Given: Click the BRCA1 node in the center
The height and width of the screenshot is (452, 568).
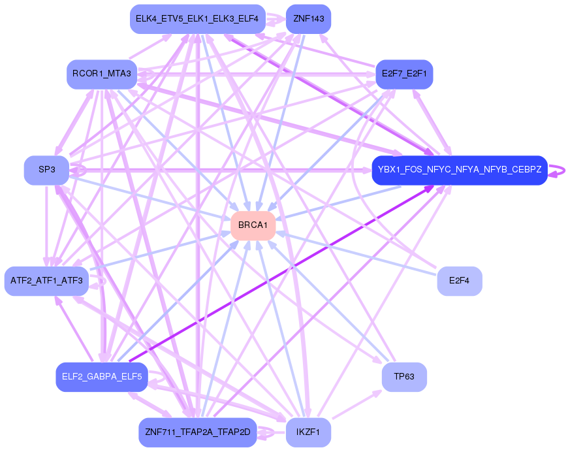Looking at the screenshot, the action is click(x=253, y=225).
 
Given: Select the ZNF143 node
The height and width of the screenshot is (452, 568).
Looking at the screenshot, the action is click(x=308, y=19).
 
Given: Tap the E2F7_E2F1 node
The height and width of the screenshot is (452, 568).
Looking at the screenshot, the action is click(x=403, y=74).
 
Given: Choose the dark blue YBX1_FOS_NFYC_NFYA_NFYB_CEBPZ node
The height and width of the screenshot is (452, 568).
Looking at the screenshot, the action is click(x=459, y=170).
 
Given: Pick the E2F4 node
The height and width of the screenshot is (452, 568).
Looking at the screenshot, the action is click(x=460, y=281).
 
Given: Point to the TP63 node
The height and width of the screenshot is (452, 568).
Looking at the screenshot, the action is click(x=404, y=377).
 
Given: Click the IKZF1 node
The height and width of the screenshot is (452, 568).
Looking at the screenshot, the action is click(x=308, y=432).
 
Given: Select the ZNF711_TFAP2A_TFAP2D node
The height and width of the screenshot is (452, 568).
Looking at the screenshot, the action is click(x=197, y=432).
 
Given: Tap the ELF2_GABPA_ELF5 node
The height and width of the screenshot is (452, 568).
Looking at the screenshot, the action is click(x=102, y=377).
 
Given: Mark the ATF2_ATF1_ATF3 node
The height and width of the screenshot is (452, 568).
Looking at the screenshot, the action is click(x=46, y=281).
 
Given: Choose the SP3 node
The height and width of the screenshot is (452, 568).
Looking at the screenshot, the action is click(x=46, y=170).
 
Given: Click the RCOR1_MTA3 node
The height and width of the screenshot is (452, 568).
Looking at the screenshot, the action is click(x=102, y=74).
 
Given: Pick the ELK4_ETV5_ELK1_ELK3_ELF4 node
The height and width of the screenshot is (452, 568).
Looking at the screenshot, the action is click(x=197, y=19).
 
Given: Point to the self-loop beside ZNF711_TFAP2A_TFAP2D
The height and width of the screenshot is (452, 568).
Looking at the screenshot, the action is click(x=268, y=432).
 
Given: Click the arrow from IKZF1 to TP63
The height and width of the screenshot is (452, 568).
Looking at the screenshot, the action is click(x=356, y=405).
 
